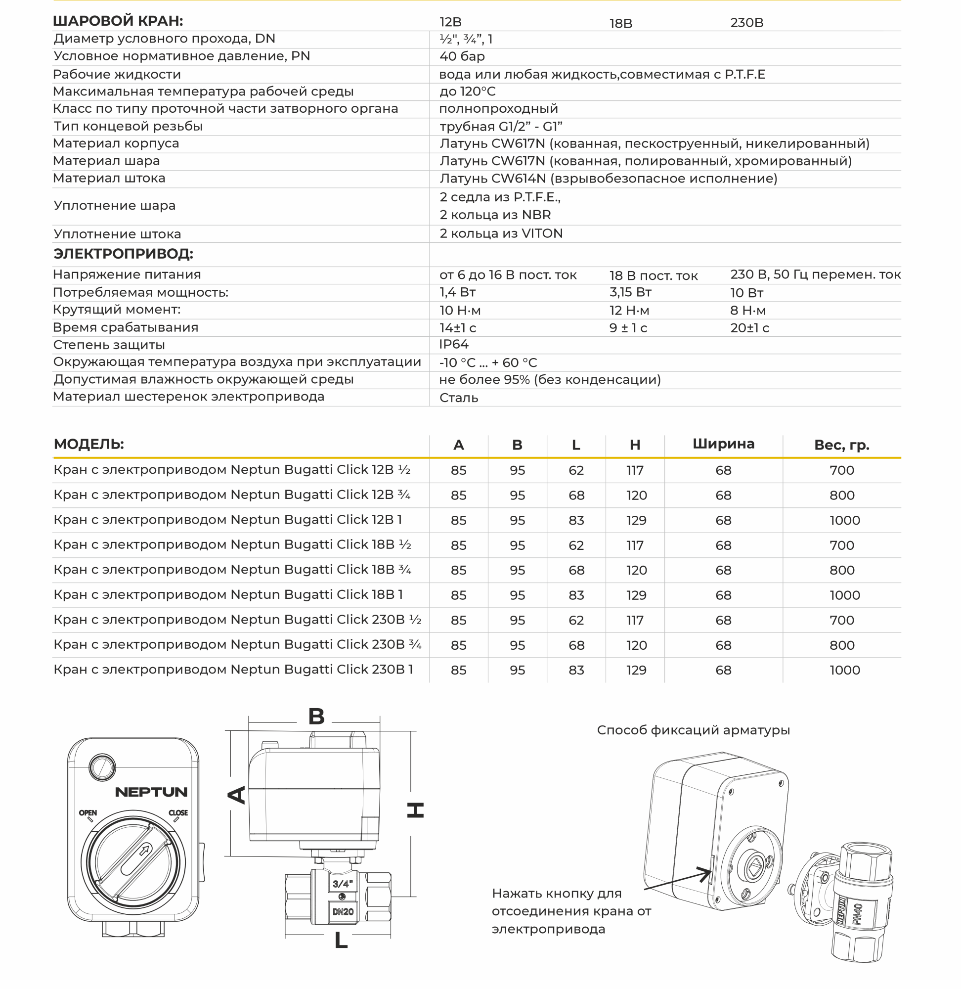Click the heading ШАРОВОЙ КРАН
(x=118, y=21)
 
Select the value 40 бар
(x=462, y=56)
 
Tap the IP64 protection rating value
(x=453, y=344)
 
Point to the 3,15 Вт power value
(x=630, y=292)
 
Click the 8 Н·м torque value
(x=747, y=311)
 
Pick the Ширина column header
(x=723, y=444)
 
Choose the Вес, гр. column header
(x=841, y=445)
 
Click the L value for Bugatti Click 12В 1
(x=576, y=521)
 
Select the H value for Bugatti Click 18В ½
(x=634, y=546)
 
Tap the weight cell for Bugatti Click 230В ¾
(x=841, y=646)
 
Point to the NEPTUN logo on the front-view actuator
(x=151, y=793)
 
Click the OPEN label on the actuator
(x=88, y=813)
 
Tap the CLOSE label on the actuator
(x=177, y=813)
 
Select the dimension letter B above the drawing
(x=316, y=717)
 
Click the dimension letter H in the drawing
(x=415, y=810)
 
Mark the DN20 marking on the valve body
(x=343, y=912)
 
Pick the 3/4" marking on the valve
(x=342, y=884)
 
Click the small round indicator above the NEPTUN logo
(x=102, y=768)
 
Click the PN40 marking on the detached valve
(x=858, y=914)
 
